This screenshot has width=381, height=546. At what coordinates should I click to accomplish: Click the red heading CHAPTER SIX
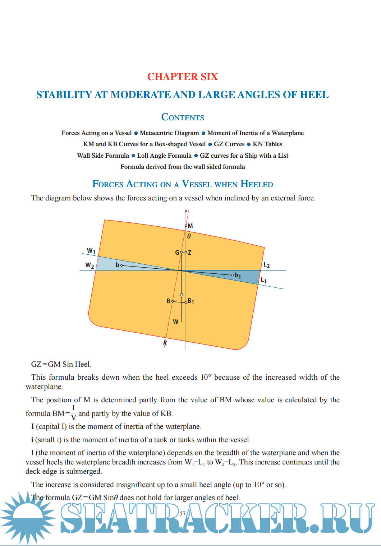[x=183, y=77]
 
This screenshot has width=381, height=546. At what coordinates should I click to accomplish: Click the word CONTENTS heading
[x=183, y=117]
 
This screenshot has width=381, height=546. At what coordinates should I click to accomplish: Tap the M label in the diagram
[x=190, y=226]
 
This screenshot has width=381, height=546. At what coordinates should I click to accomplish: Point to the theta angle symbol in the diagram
[x=189, y=236]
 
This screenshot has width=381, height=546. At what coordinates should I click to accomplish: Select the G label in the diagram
[x=177, y=253]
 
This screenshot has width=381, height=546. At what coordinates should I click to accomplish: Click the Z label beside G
[x=190, y=253]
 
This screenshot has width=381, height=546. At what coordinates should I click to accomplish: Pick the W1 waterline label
[x=91, y=251]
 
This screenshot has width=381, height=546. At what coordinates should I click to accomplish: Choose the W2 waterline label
[x=89, y=265]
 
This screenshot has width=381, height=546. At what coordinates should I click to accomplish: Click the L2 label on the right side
[x=267, y=265]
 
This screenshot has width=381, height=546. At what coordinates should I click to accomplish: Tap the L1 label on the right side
[x=264, y=280]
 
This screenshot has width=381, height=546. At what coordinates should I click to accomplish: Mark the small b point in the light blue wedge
[x=118, y=265]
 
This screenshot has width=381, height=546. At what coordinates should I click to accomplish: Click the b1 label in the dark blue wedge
[x=238, y=276]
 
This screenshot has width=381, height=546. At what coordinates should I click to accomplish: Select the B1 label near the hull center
[x=191, y=301]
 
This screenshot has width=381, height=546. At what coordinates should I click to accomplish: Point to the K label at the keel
[x=165, y=343]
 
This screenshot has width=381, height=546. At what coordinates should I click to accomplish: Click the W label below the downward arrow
[x=175, y=322]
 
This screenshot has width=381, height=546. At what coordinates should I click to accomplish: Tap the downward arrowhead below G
[x=181, y=296]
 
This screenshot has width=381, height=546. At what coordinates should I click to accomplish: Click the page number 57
[x=183, y=514]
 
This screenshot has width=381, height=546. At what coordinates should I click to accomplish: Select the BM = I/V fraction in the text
[x=73, y=413]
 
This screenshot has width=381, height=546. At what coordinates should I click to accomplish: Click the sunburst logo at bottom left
[x=27, y=517]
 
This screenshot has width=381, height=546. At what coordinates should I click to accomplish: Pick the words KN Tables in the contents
[x=267, y=144]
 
